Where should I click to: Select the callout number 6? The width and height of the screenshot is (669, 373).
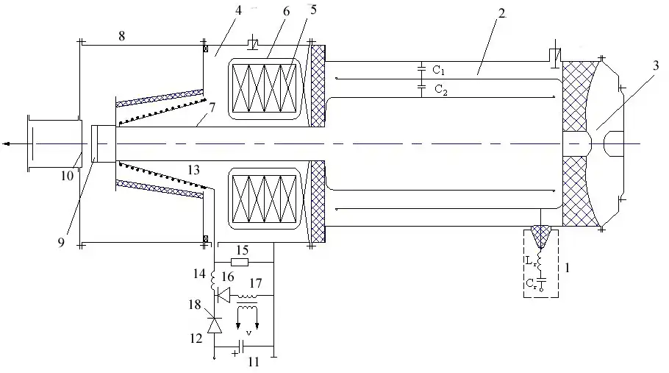click(265, 13)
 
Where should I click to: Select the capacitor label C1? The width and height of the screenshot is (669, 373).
click(437, 71)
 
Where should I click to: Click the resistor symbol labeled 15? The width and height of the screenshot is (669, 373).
click(239, 261)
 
